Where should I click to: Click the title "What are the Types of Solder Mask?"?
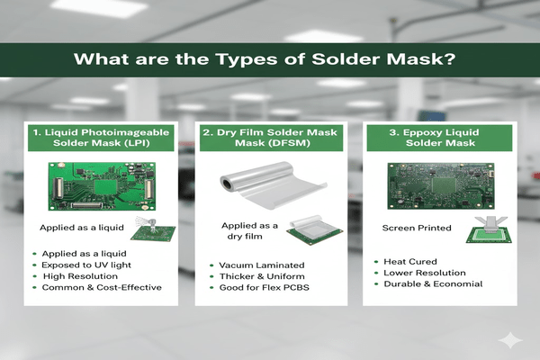[270, 62]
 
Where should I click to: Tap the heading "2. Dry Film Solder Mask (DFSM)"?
[269, 139]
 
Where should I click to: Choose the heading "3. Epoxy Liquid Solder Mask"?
[436, 139]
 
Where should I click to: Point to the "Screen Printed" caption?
[415, 229]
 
